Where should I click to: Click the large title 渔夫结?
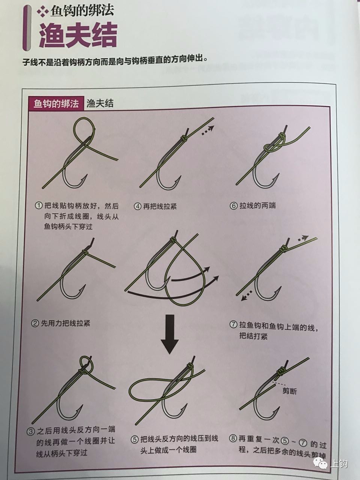(x=78, y=36)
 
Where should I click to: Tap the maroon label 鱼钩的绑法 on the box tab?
(x=56, y=103)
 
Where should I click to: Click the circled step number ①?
(x=39, y=205)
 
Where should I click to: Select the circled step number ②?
(x=35, y=323)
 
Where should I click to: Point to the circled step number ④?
(x=138, y=206)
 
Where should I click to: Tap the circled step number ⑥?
(x=234, y=206)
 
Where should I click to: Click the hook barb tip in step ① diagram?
(x=87, y=175)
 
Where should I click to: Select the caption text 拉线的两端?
(x=258, y=205)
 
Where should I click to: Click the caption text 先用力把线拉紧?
(x=66, y=323)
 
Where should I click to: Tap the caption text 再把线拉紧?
(x=160, y=206)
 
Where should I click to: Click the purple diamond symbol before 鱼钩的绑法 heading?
(x=43, y=11)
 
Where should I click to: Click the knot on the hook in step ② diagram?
(x=85, y=252)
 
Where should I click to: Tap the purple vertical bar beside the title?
(x=27, y=28)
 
